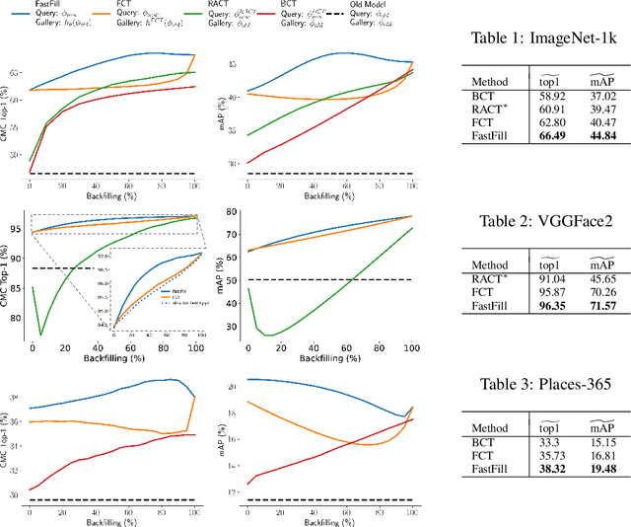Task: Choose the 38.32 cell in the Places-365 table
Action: [534, 471]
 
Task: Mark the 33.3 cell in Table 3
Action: [534, 443]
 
